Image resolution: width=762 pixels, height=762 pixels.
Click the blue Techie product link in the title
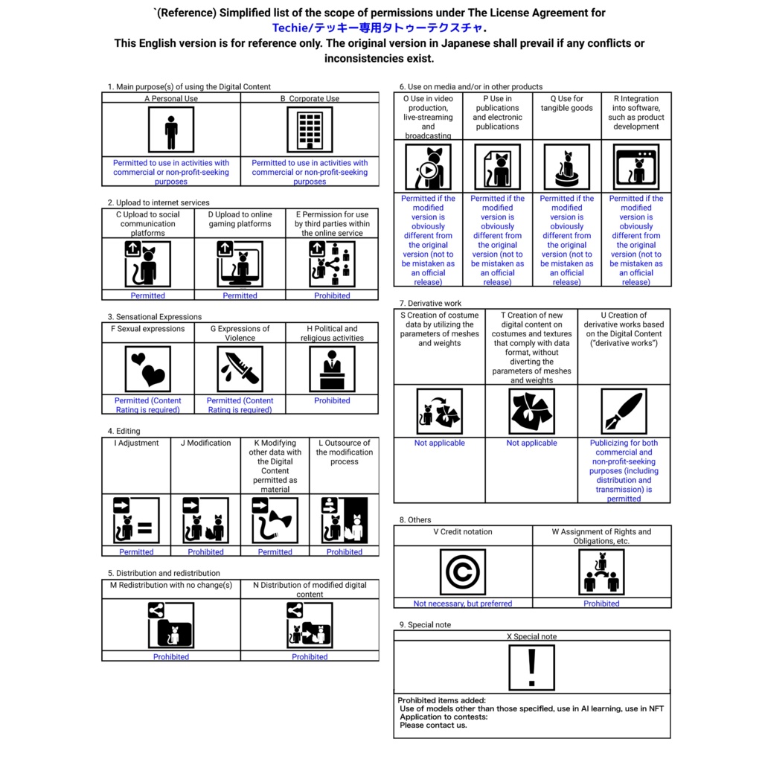[380, 28]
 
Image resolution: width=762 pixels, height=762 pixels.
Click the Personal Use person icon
[171, 129]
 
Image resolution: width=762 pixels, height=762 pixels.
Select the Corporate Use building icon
[310, 129]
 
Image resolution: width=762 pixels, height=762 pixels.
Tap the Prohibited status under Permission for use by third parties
[332, 295]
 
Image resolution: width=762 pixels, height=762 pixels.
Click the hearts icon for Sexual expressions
[148, 369]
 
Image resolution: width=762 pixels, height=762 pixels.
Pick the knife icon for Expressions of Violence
[240, 369]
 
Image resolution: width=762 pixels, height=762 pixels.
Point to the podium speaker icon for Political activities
[332, 369]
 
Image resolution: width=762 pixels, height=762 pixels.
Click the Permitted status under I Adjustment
[136, 552]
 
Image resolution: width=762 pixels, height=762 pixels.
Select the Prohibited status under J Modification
[205, 552]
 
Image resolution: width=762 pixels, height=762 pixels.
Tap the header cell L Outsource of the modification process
[344, 452]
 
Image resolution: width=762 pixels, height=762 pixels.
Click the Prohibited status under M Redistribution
[171, 657]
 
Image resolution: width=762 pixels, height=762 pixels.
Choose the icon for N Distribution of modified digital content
[310, 625]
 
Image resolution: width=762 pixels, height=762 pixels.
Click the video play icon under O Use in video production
[428, 167]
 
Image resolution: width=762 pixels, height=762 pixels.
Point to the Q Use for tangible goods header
[567, 103]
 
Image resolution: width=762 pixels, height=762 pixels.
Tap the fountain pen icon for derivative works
[624, 411]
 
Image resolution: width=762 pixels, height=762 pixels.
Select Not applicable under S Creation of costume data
[439, 444]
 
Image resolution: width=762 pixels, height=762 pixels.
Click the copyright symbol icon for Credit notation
[463, 572]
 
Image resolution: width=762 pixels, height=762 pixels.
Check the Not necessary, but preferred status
[463, 603]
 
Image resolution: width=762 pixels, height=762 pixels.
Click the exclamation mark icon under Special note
[531, 667]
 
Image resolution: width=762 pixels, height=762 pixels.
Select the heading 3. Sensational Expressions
[154, 317]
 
